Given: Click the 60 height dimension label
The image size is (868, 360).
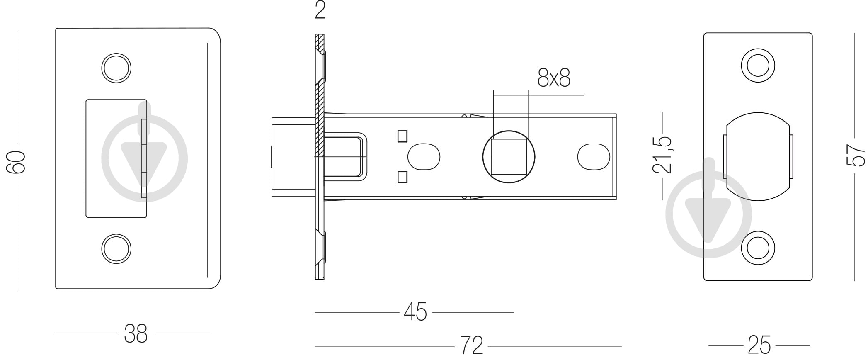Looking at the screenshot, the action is tap(16, 162).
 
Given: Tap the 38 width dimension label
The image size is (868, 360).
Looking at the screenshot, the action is tap(136, 333).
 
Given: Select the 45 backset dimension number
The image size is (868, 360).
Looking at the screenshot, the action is tap(415, 312).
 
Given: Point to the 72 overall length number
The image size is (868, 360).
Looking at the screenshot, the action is tap(472, 345).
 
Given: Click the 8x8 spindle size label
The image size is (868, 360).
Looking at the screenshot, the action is tap(554, 77).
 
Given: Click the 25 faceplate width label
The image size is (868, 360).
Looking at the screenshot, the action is tap(759, 345).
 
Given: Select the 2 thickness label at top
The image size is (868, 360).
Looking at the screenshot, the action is tap(320, 10).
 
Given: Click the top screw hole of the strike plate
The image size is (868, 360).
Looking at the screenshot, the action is tap(116, 68).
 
